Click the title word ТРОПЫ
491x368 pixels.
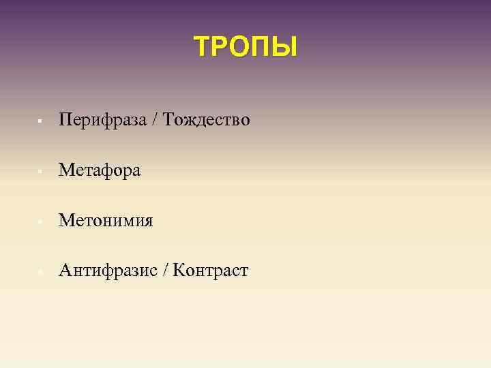(245, 47)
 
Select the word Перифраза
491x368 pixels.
(102, 121)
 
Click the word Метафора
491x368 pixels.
(100, 170)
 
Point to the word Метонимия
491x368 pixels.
(106, 221)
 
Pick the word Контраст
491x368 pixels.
(211, 271)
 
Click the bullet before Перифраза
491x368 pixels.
(41, 122)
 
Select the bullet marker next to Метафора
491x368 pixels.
(41, 172)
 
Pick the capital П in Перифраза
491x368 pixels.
(65, 121)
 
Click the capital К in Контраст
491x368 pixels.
(179, 271)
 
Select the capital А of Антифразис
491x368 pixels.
(65, 271)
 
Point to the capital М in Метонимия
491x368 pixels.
(67, 221)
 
